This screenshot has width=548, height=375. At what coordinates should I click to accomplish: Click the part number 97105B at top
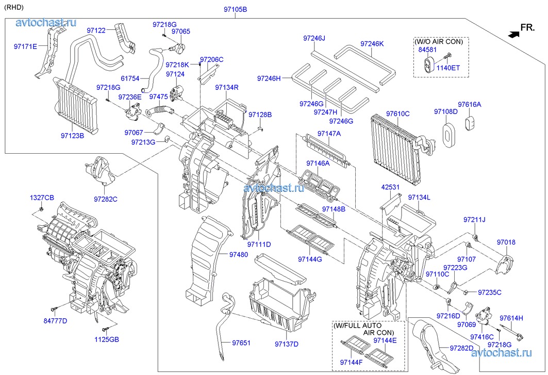(235, 10)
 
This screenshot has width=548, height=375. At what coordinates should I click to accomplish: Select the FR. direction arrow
(513, 34)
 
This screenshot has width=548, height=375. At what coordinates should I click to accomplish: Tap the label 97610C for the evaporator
(397, 113)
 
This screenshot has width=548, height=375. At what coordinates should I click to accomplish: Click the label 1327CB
(41, 198)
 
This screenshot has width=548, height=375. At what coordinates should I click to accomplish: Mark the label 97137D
(288, 344)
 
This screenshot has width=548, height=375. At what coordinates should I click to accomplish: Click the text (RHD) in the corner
(14, 7)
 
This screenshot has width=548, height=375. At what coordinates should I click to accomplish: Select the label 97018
(506, 242)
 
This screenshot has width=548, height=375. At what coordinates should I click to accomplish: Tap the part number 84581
(427, 50)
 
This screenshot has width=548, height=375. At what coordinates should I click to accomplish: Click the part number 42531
(390, 187)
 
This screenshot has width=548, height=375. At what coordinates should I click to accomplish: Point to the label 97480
(238, 254)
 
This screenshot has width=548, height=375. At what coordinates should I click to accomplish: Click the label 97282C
(105, 199)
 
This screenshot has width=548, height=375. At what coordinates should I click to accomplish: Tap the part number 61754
(130, 78)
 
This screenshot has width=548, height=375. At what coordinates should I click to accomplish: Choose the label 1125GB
(106, 339)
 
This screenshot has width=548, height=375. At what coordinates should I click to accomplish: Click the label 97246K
(372, 44)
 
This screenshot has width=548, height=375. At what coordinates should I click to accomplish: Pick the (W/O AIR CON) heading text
(439, 41)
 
